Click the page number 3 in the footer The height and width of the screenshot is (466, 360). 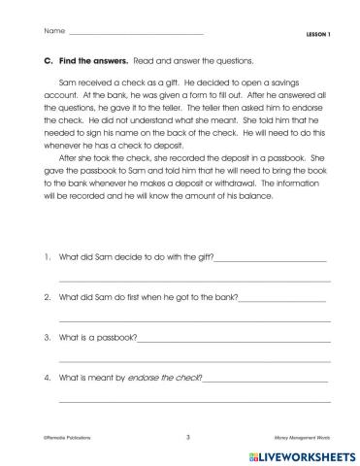point(187,438)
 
